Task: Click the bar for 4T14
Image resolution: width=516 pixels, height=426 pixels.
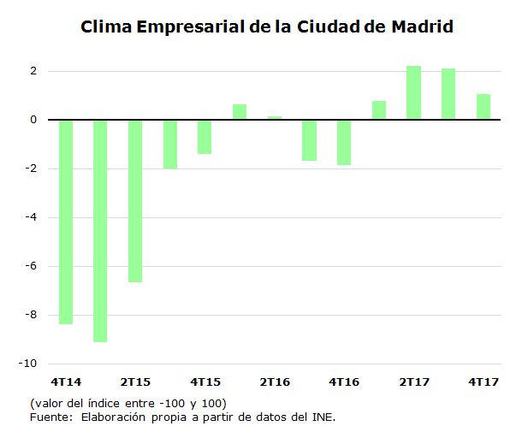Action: click(65, 222)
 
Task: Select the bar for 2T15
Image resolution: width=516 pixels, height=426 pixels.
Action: click(135, 200)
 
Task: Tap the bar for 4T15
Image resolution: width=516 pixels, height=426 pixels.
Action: click(205, 137)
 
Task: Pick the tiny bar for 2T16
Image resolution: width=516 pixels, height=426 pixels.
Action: click(275, 118)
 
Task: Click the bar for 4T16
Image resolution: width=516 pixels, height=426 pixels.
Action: click(344, 142)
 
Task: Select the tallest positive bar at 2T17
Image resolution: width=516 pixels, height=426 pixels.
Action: click(413, 92)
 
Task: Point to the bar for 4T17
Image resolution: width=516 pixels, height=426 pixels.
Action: click(483, 106)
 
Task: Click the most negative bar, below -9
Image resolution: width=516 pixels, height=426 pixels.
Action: click(100, 230)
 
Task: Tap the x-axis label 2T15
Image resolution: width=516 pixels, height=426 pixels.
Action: click(135, 381)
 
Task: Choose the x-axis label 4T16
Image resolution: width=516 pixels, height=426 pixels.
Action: click(344, 381)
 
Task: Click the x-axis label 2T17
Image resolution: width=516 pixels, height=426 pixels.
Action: click(413, 381)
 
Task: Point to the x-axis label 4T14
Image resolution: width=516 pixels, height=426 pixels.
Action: click(65, 381)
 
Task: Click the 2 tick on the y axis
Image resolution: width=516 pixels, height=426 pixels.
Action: click(33, 71)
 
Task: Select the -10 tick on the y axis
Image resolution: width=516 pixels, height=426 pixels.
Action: click(29, 364)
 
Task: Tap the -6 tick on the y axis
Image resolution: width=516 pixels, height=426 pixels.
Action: click(31, 266)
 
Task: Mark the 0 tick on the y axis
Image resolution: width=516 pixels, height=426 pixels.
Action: click(33, 120)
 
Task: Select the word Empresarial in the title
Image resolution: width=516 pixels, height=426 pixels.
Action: click(190, 27)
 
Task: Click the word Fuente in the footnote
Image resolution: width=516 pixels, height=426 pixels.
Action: click(50, 417)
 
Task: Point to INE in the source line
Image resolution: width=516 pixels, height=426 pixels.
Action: click(322, 417)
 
